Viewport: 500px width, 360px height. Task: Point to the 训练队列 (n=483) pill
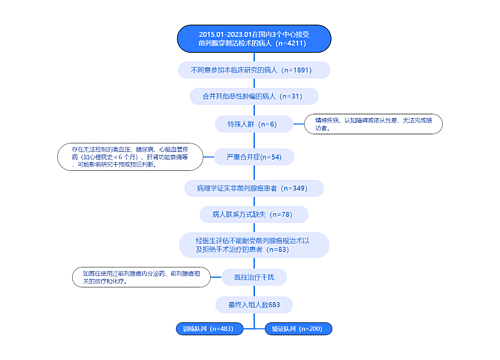(x=207, y=328)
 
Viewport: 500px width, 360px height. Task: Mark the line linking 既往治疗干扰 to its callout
(x=194, y=276)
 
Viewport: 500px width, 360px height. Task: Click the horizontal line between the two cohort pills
(x=252, y=328)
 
